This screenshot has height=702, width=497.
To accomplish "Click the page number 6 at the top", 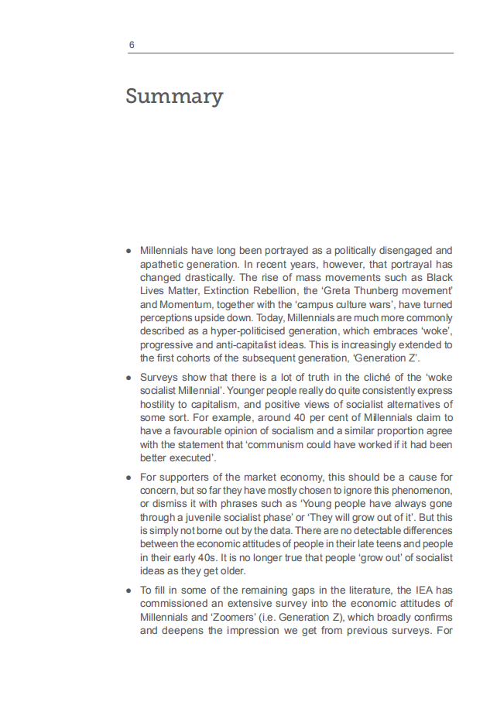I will pos(132,45).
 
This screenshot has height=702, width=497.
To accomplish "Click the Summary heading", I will pos(174,97).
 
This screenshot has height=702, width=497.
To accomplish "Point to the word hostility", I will pos(159,405).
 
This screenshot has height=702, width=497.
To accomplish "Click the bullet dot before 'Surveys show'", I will pos(129,378).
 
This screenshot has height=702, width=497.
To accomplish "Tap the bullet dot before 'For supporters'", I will pos(129,477).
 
